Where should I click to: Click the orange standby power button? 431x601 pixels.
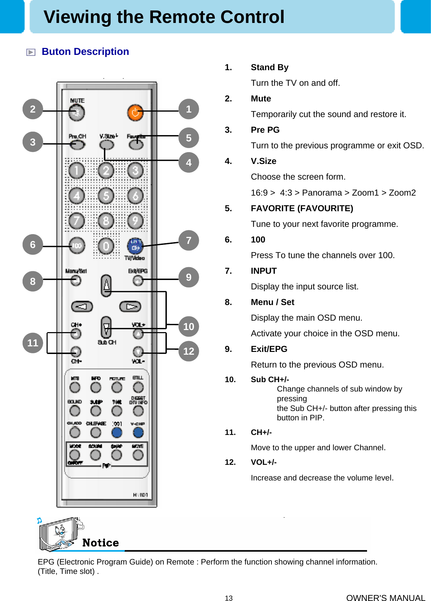coord(135,113)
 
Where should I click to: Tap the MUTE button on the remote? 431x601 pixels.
coord(76,113)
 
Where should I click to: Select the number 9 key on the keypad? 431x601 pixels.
coord(135,221)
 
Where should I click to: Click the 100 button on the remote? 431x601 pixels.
coord(76,246)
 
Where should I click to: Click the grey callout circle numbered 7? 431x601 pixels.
coord(189,240)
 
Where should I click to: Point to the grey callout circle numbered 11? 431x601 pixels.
coord(33,343)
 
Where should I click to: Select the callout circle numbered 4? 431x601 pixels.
coord(189,162)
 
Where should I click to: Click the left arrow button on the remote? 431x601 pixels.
coord(82,306)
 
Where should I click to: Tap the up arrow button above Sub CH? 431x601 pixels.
coord(106,286)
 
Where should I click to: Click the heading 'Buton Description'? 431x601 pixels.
coord(85,52)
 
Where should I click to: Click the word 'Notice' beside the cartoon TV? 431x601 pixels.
coord(100,543)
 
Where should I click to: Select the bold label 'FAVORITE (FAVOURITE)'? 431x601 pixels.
coord(302,208)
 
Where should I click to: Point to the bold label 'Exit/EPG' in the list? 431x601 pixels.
coord(269,349)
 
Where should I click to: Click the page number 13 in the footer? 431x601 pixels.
coord(228,598)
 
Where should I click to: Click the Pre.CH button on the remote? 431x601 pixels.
coord(77,145)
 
